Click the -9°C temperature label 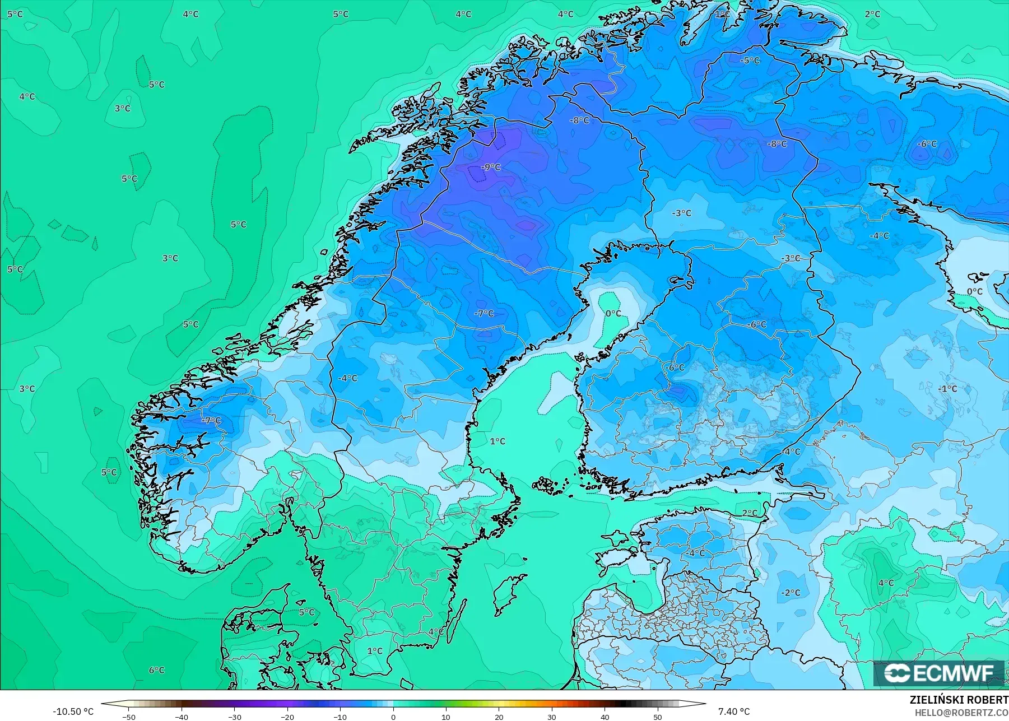pos(491,167)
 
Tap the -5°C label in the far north pos(750,61)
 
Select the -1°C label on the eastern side pos(948,388)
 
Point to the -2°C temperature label pos(791,592)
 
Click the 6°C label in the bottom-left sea pos(156,670)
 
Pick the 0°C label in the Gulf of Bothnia pos(613,313)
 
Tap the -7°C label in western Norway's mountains pos(212,420)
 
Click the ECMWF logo pos(940,673)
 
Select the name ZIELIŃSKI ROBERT pos(959,700)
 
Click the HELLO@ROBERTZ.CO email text pos(961,713)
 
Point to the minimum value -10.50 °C pos(73,711)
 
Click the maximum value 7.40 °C pos(733,711)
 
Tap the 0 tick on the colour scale pos(393,717)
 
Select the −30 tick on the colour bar pos(235,717)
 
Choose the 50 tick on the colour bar pos(658,717)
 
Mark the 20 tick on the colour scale pos(499,717)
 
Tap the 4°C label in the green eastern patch pos(886,583)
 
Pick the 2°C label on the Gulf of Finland pos(750,513)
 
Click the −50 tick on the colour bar pos(129,717)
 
